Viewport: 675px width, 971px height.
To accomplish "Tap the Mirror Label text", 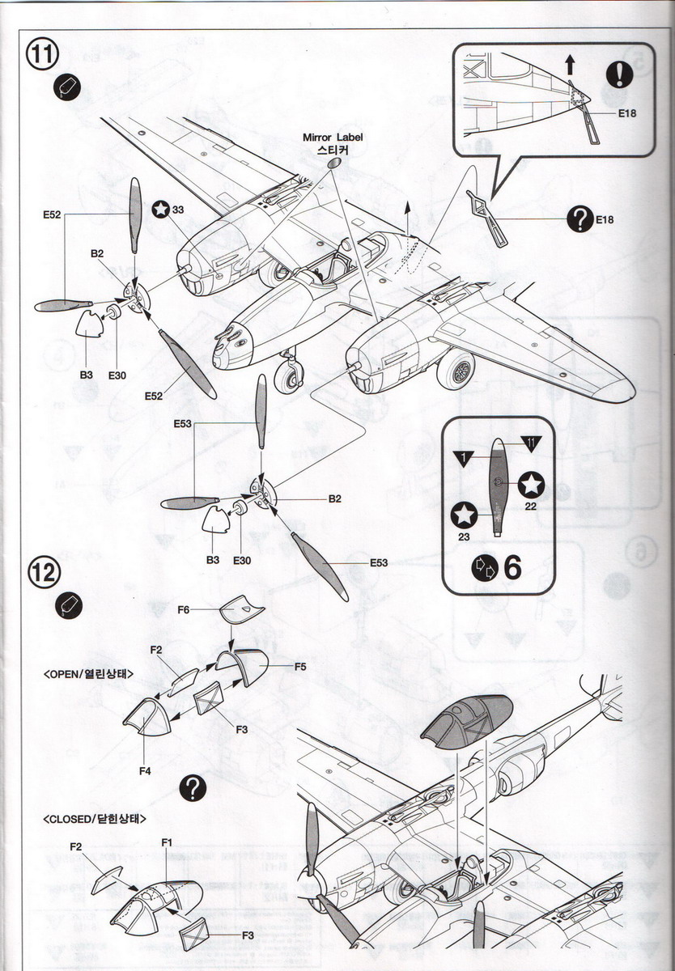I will point(333,138).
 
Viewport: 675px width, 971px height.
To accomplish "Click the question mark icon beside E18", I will point(580,217).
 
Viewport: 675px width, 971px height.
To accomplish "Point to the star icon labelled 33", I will point(161,209).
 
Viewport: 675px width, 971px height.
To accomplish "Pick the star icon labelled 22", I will point(532,485).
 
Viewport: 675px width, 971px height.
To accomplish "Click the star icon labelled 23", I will point(464,515).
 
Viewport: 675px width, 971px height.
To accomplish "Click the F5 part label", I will point(299,666).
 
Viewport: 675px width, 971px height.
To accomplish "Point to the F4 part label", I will point(144,771).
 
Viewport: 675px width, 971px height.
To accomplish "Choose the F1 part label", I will point(167,842).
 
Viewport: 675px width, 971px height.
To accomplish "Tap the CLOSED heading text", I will point(95,819).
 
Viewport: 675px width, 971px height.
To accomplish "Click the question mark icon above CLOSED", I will point(193,787).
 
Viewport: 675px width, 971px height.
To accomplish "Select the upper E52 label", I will point(53,215).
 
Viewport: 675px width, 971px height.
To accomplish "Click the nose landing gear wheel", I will point(288,376).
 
